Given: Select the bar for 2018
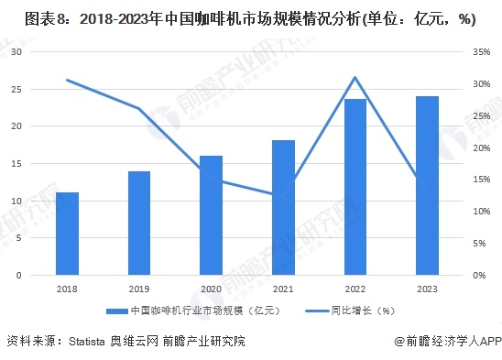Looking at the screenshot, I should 67,234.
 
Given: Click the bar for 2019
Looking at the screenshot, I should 139,223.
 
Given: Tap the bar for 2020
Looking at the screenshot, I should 211,215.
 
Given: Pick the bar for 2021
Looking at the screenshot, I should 283,208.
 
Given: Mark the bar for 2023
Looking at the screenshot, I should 427,185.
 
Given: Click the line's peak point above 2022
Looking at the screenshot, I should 355,78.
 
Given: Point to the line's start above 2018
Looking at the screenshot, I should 67,80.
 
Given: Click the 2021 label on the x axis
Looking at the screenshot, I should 283,289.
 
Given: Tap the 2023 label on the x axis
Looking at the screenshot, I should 427,289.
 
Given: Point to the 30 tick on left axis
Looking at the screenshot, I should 16,52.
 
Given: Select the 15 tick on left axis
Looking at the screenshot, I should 16,163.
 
